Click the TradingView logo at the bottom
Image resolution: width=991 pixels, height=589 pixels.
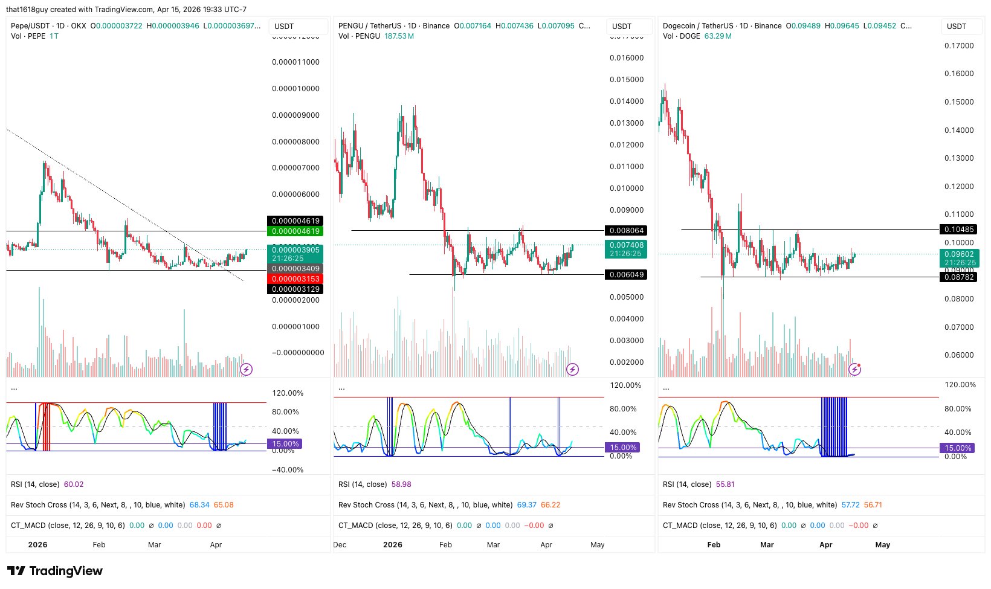point(55,571)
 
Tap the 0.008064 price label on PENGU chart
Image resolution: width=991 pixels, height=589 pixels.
point(626,231)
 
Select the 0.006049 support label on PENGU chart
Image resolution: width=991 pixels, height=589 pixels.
point(626,275)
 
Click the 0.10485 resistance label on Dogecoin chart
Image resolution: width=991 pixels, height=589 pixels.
point(958,230)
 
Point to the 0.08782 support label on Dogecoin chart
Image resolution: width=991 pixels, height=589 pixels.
point(958,277)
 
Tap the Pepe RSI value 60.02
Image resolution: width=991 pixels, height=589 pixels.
point(74,484)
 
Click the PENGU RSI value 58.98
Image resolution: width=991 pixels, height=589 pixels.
point(401,484)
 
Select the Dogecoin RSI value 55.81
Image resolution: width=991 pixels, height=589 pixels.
point(725,484)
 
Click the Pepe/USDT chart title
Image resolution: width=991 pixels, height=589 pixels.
point(30,26)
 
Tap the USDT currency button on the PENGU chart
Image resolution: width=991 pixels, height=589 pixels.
point(622,27)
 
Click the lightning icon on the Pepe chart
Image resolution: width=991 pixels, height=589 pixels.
point(247,369)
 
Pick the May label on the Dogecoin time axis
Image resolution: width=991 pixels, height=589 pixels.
point(882,545)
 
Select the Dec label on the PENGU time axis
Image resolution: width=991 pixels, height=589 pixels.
point(340,545)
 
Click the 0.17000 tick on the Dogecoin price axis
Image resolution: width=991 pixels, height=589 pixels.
point(959,46)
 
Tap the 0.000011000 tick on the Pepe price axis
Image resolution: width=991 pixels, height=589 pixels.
point(295,62)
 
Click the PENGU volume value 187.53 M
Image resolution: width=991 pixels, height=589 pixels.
point(399,36)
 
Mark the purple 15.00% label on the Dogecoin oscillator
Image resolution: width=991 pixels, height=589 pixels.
point(958,448)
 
